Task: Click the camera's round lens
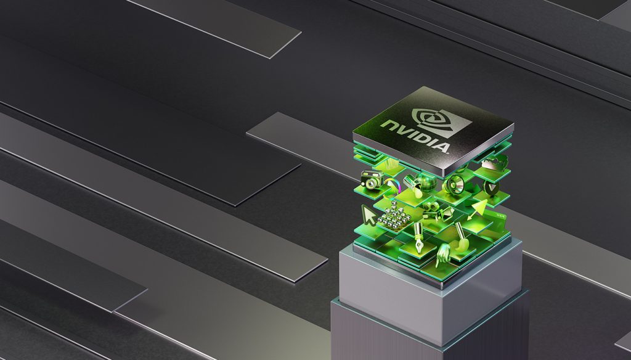click(371, 183)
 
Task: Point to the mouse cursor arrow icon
click(368, 215)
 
